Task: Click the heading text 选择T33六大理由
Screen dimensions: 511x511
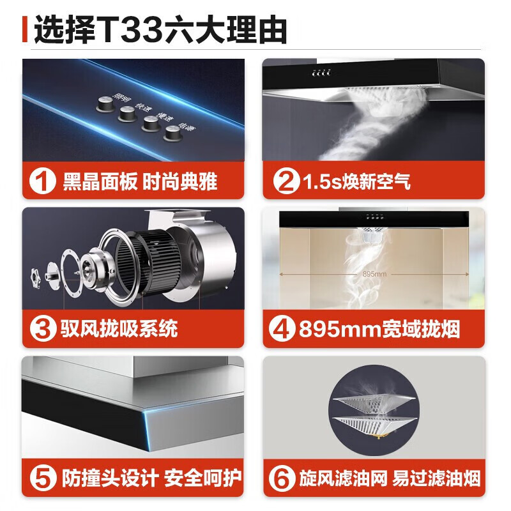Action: (160, 30)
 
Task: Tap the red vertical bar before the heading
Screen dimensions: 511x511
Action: (25, 30)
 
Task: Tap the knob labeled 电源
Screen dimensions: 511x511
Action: (172, 133)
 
